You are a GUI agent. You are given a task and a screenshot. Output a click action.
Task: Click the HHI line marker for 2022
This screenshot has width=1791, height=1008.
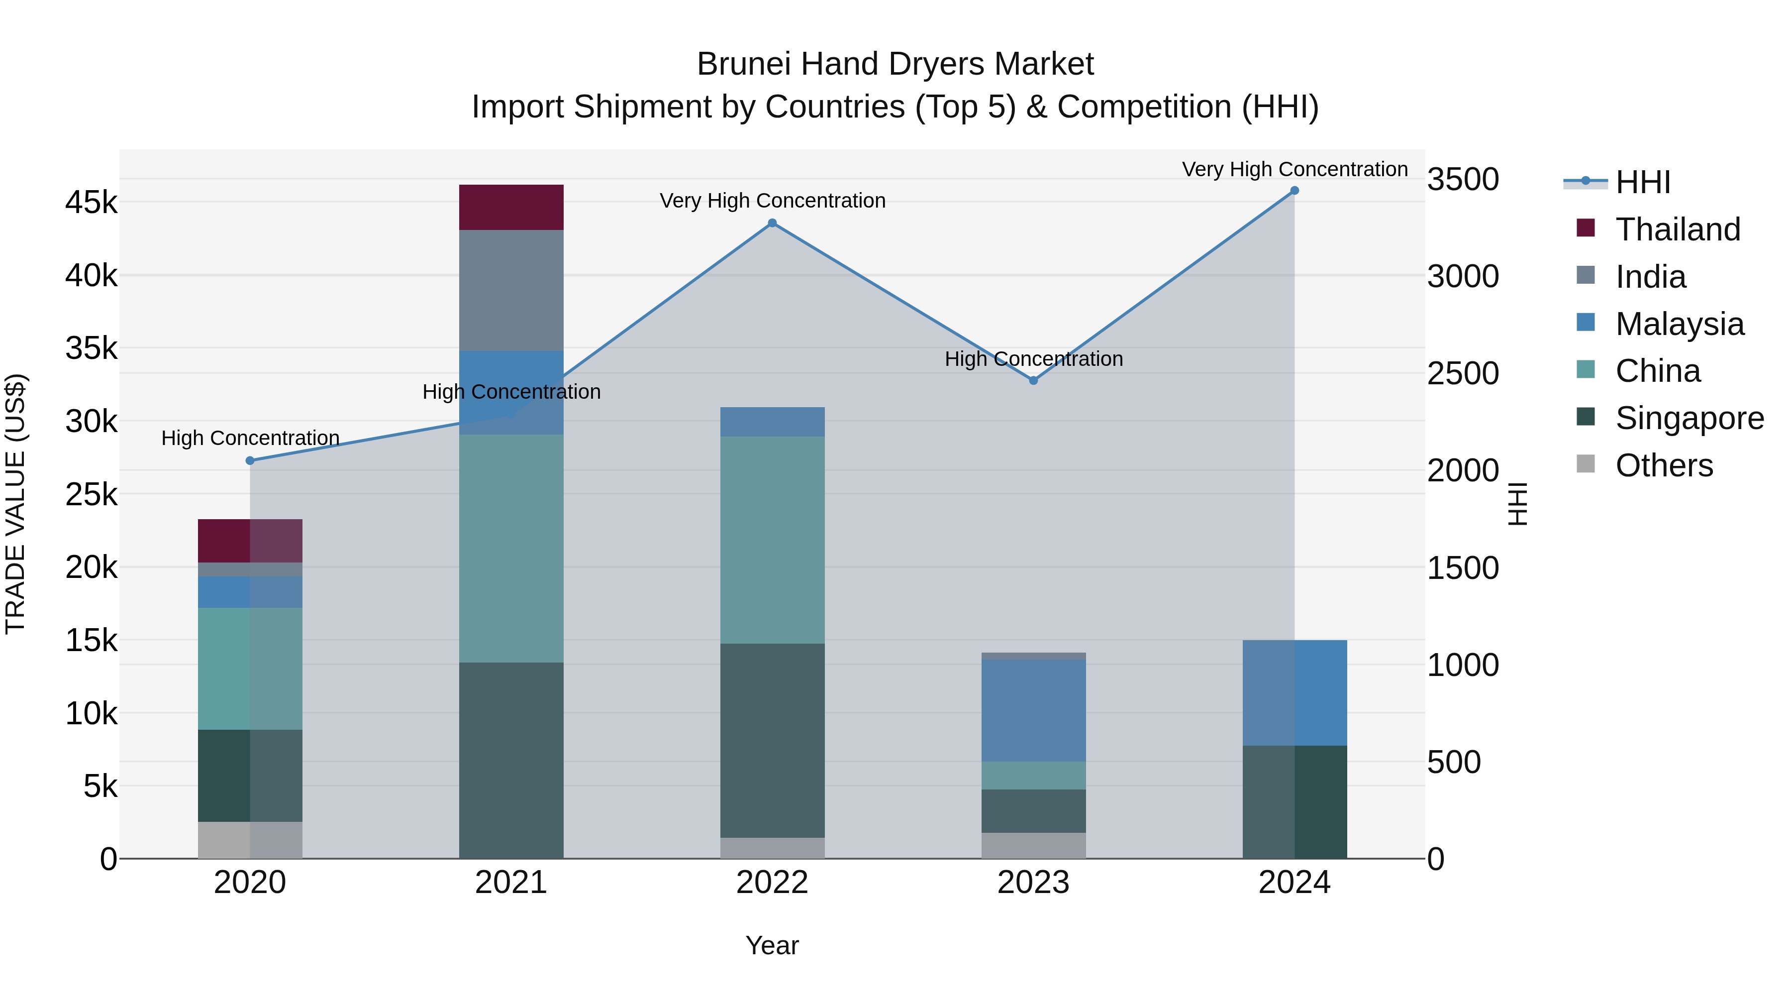(x=772, y=224)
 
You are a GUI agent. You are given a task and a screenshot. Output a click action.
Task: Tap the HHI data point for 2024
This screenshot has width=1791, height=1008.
(x=1294, y=191)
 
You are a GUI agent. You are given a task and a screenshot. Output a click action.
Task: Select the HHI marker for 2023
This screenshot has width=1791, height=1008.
(x=1033, y=380)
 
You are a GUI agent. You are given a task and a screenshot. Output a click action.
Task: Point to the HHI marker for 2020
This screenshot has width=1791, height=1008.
(x=250, y=460)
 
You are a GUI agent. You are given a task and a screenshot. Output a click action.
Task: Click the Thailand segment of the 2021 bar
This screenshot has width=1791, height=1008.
(x=511, y=207)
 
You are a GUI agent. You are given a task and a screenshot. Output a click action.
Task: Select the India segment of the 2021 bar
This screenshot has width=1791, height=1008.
(x=511, y=290)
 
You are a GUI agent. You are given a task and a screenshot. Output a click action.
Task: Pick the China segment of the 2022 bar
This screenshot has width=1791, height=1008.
(x=772, y=540)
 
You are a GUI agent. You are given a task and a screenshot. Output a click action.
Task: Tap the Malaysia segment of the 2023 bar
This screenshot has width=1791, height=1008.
(x=1033, y=710)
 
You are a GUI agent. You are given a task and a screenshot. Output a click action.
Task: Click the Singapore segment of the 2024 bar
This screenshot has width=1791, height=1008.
(x=1294, y=801)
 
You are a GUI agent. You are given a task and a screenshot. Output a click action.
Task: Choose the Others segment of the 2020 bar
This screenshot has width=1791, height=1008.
(x=250, y=840)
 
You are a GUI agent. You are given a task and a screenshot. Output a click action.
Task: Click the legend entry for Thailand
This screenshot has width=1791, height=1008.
(x=1677, y=229)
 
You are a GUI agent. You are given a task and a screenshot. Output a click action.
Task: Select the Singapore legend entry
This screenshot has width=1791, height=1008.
(x=1689, y=418)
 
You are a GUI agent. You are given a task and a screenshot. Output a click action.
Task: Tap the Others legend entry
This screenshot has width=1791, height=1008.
(x=1664, y=465)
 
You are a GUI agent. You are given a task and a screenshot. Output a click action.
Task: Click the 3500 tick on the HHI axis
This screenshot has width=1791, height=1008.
(x=1463, y=180)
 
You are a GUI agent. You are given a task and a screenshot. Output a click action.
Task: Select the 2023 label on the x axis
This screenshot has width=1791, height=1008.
(x=1033, y=883)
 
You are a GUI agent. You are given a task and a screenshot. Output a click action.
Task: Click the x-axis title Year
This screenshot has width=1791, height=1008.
(x=772, y=945)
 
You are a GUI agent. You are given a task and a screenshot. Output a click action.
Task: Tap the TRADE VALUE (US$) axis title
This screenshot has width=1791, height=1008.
(x=16, y=504)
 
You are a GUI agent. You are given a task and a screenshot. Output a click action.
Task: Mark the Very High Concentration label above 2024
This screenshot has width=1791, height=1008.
(x=1294, y=169)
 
